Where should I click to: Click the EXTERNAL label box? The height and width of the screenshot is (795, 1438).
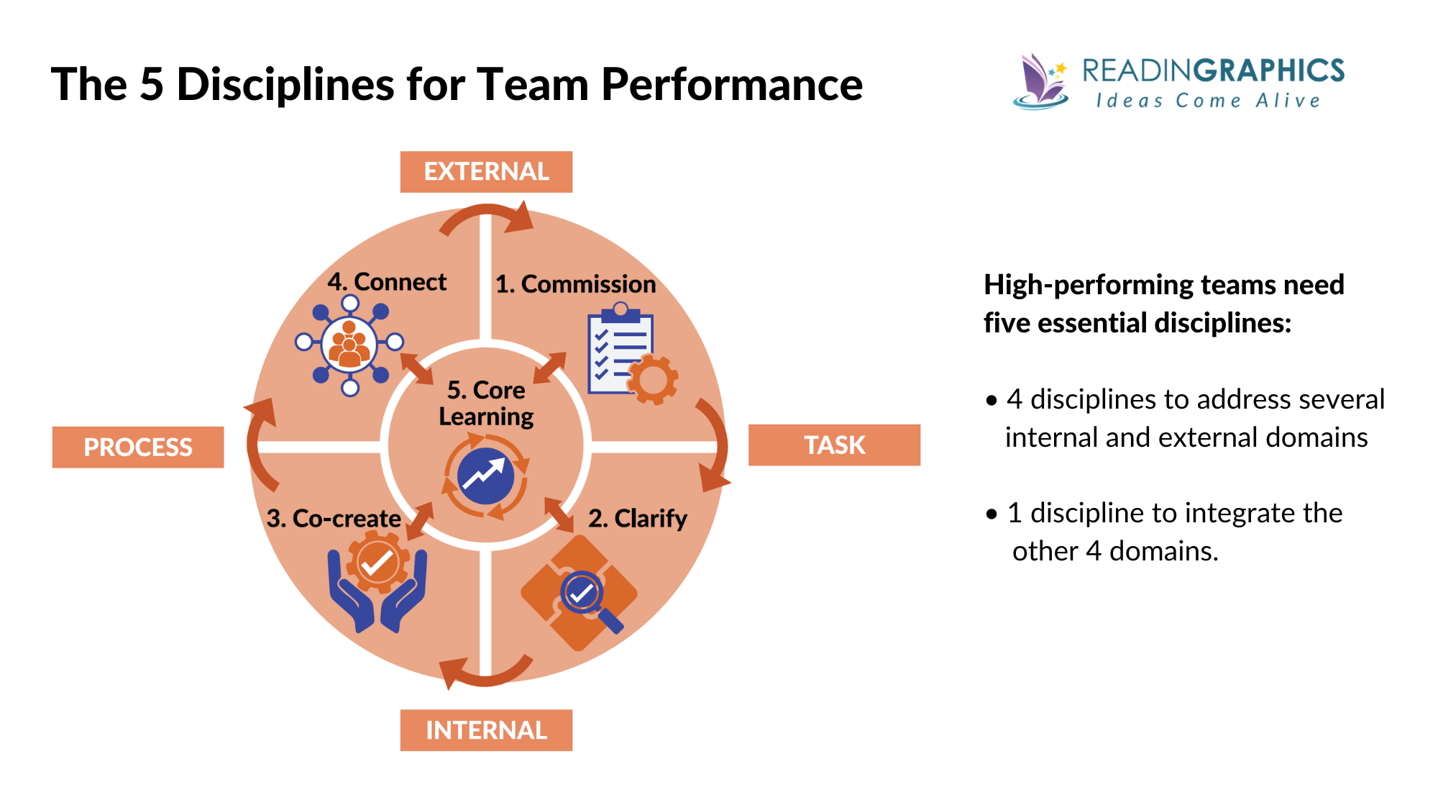(486, 172)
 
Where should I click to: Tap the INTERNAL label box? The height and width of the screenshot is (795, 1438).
(486, 730)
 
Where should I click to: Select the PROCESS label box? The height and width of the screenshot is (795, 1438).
(138, 447)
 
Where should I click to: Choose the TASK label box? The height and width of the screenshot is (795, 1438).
(834, 445)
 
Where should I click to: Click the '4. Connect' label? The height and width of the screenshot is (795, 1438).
(387, 282)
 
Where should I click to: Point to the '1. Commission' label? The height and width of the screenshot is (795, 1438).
(575, 284)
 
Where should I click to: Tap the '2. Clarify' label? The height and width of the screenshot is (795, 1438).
(637, 518)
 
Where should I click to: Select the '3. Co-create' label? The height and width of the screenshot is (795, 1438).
(334, 518)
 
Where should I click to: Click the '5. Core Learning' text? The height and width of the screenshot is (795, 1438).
(486, 403)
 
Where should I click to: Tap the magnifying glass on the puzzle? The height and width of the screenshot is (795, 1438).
(586, 597)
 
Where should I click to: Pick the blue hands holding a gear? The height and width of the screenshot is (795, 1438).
(377, 586)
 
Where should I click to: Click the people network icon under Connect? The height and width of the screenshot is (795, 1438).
(349, 344)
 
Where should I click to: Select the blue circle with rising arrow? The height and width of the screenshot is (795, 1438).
(486, 476)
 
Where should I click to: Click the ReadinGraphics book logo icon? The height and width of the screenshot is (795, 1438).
(1040, 81)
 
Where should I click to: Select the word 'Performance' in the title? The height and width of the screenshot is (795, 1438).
(731, 85)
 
